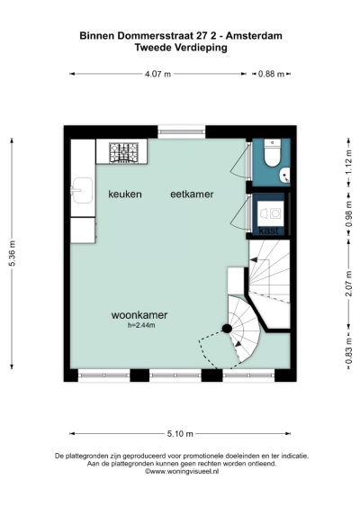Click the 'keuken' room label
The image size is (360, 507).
tap(125, 195)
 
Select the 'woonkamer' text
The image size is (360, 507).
tap(139, 315)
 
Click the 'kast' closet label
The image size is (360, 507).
tap(268, 231)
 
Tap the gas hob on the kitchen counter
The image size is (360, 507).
tap(124, 153)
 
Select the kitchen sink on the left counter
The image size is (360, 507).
tap(82, 189)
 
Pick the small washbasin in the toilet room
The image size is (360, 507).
tap(283, 174)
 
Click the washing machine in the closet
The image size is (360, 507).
tap(269, 213)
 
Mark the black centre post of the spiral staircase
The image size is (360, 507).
tap(227, 329)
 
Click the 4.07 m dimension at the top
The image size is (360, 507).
tap(157, 74)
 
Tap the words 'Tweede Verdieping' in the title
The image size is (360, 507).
tap(180, 49)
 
